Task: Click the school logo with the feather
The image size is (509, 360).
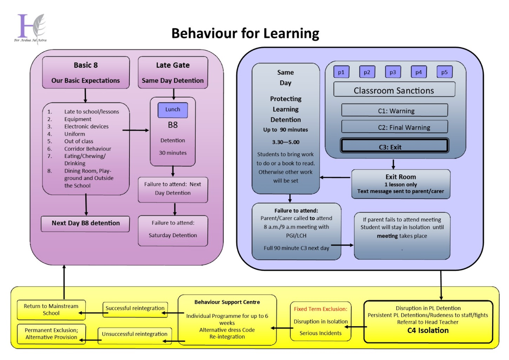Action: pos(31,29)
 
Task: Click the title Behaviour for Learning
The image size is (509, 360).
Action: pos(245,33)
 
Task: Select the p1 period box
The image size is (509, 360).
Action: pos(341,72)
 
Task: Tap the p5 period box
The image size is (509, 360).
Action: pos(444,72)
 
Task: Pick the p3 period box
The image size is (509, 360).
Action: pos(393,72)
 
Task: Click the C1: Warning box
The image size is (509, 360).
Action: pos(394,110)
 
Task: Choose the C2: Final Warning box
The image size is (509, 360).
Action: pos(394,127)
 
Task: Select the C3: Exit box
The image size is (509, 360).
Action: pos(394,146)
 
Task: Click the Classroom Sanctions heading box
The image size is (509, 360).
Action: pos(394,90)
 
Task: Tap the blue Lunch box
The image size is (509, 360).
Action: pos(173,110)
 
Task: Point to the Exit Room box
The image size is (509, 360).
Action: pos(400,184)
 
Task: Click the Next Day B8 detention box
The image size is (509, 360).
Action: pos(86,223)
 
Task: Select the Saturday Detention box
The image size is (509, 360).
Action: pos(173,230)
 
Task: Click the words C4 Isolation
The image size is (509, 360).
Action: pos(428,330)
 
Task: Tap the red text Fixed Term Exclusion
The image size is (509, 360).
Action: pos(320,309)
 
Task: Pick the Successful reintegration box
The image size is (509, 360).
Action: pos(135,309)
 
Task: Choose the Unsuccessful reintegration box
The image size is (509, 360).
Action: pos(135,334)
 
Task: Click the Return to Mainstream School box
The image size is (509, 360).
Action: pos(51,310)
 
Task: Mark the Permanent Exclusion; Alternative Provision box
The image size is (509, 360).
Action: pos(51,334)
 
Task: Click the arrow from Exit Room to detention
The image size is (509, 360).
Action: pos(335,177)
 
